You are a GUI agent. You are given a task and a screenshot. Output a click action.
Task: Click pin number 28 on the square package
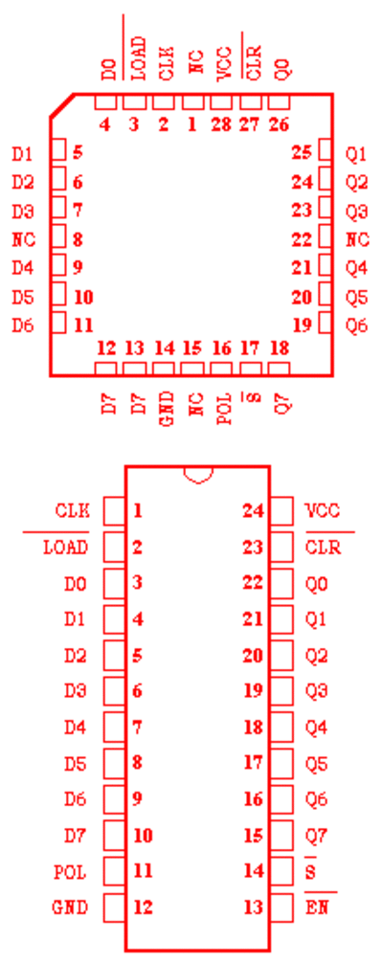pyautogui.click(x=220, y=125)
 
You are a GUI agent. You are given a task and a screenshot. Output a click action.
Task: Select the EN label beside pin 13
pyautogui.click(x=317, y=907)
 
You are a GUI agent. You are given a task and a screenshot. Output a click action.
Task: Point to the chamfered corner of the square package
pyautogui.click(x=62, y=105)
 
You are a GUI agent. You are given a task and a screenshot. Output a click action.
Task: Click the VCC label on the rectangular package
pyautogui.click(x=322, y=511)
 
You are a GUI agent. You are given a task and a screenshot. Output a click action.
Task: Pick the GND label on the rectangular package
pyautogui.click(x=71, y=907)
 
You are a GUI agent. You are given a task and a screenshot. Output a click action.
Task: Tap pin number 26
pyautogui.click(x=279, y=125)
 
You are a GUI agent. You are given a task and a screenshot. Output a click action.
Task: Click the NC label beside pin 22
pyautogui.click(x=357, y=239)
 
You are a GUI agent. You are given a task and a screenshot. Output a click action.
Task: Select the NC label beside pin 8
pyautogui.click(x=23, y=239)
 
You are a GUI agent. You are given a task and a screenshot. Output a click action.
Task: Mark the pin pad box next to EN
pyautogui.click(x=282, y=907)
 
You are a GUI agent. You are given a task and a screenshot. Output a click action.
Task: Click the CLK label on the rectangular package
pyautogui.click(x=72, y=511)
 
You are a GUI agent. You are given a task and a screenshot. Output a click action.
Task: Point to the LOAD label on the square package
pyautogui.click(x=140, y=58)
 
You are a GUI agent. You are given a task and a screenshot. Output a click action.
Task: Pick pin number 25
pyautogui.click(x=302, y=152)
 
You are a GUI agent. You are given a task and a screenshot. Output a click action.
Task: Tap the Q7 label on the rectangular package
pyautogui.click(x=317, y=836)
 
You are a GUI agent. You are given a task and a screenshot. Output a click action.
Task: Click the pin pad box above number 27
pyautogui.click(x=250, y=102)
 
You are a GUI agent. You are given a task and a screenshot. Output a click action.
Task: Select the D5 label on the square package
pyautogui.click(x=23, y=298)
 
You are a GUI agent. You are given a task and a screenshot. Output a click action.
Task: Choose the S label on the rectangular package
pyautogui.click(x=310, y=871)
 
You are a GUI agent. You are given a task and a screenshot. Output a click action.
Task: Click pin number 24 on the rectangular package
pyautogui.click(x=254, y=511)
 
